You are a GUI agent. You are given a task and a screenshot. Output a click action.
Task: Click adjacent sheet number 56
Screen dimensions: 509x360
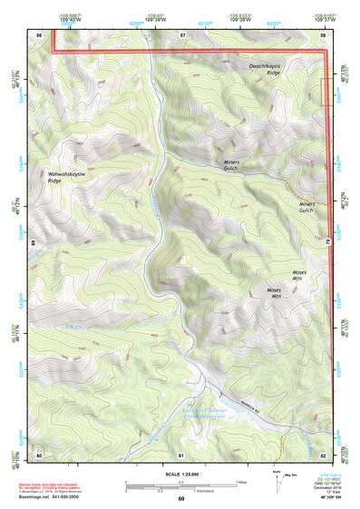(x=40, y=34)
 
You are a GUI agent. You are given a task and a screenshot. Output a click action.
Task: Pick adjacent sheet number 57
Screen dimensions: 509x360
(x=182, y=34)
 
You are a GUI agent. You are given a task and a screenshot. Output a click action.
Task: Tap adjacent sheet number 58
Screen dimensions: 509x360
(x=324, y=34)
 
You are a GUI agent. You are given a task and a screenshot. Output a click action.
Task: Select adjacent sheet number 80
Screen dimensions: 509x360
(x=40, y=453)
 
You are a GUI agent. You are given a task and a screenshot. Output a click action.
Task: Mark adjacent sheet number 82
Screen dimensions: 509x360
(x=324, y=453)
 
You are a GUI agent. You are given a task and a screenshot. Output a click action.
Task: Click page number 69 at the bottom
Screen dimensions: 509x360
(x=181, y=500)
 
